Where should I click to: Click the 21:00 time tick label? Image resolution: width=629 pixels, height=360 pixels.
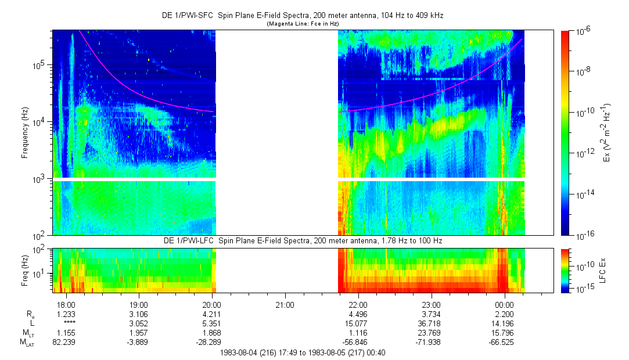(x=285, y=305)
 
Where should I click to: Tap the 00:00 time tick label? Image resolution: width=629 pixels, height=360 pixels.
(x=504, y=305)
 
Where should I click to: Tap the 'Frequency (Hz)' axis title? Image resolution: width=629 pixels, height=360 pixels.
(x=25, y=134)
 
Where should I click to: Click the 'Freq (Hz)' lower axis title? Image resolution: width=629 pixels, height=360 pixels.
(x=25, y=271)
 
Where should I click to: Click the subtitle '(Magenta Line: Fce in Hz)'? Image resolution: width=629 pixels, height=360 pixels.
(x=302, y=24)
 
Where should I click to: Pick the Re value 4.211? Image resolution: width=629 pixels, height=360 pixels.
(x=212, y=314)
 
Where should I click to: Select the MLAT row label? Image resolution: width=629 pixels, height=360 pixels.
(x=27, y=342)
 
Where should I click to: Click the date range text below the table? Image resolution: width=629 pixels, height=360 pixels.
(x=303, y=352)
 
